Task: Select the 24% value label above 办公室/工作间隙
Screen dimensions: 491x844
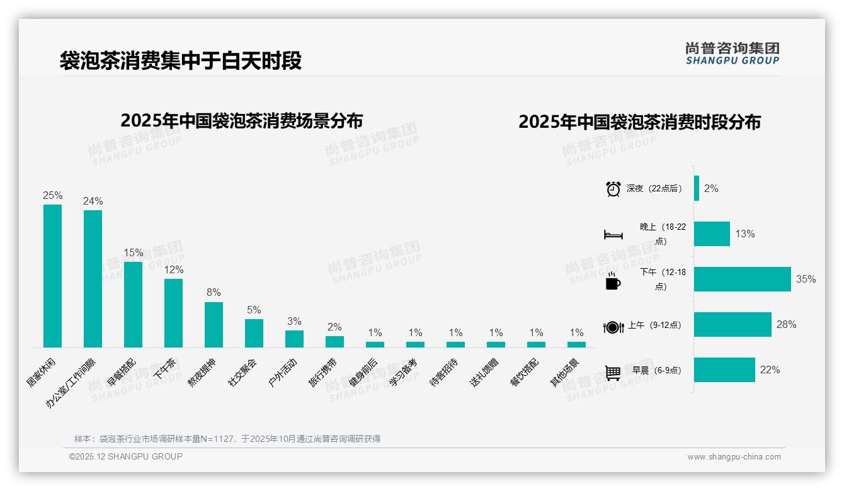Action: [93, 201]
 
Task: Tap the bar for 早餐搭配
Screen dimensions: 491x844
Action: [133, 305]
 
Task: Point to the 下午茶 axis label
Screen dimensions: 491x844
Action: [165, 371]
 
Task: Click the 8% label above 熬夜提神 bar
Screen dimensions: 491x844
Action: [214, 293]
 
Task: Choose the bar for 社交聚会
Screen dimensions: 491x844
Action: [254, 333]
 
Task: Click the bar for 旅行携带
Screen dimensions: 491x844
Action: [334, 341]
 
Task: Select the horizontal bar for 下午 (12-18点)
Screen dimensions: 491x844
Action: [742, 279]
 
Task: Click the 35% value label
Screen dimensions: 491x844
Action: [806, 279]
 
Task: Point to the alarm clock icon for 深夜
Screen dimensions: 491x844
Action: [613, 189]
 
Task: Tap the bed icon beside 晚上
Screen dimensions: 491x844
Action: [613, 234]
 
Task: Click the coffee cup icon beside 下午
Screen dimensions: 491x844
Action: [613, 281]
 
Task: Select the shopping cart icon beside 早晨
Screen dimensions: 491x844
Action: [613, 372]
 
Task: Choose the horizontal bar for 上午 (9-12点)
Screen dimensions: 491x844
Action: [733, 324]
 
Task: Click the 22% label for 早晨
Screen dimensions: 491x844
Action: [770, 370]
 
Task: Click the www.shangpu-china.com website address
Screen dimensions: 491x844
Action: [734, 457]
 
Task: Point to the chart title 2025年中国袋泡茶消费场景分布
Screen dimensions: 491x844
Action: [241, 120]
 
